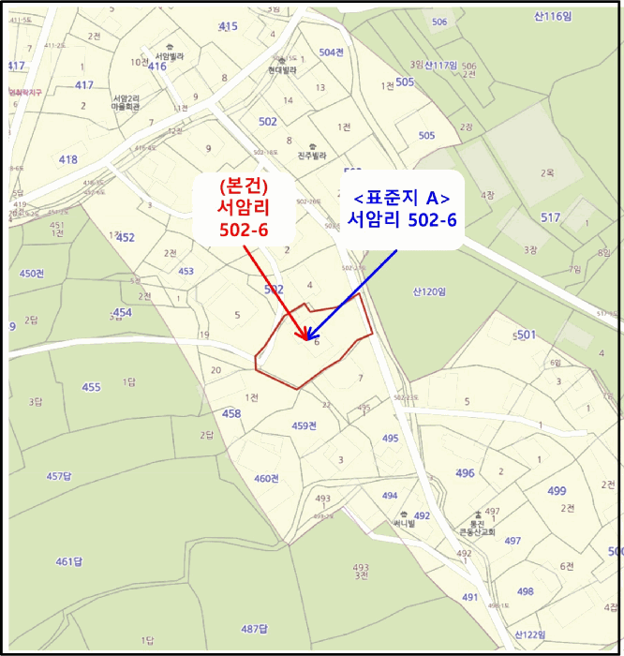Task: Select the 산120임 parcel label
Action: (428, 291)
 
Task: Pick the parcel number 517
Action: (551, 217)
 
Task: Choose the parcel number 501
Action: (526, 335)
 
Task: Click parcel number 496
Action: (465, 473)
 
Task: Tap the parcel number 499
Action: (557, 490)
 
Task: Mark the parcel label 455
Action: (91, 387)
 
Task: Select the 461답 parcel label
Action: (69, 561)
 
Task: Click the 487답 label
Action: (255, 628)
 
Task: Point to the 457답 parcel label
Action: (58, 476)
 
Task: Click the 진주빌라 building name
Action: (310, 156)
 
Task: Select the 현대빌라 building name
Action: (281, 69)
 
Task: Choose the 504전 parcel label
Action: (332, 52)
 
